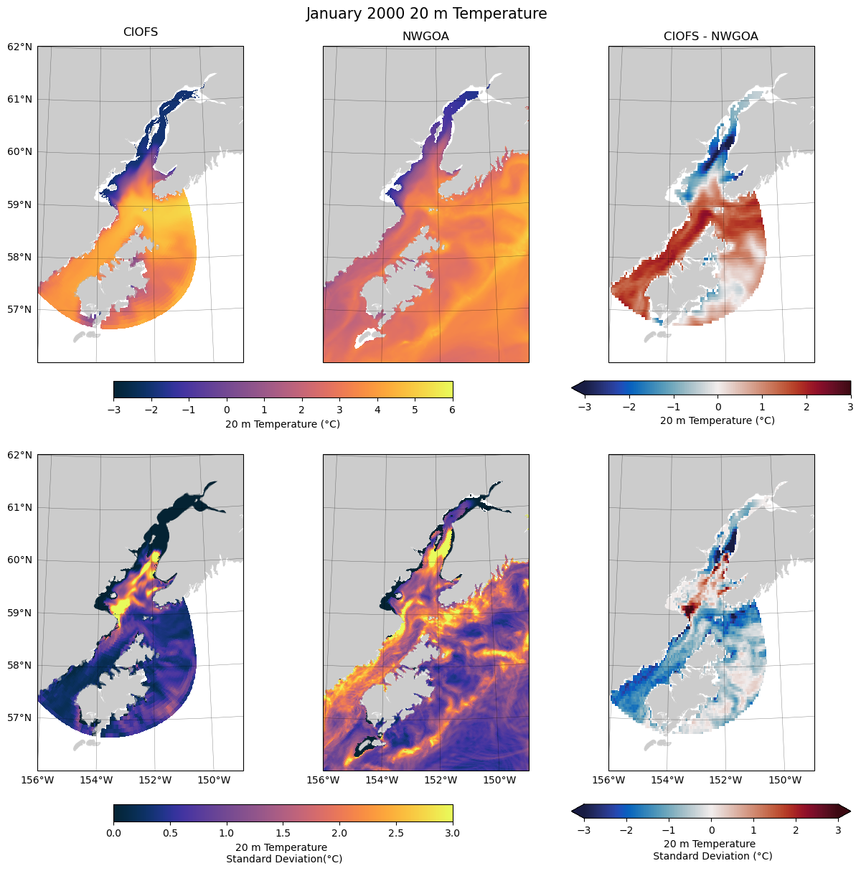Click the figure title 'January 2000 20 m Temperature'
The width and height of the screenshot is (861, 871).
426,14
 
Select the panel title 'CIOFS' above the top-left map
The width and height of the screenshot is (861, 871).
141,32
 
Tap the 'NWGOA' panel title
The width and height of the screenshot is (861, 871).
425,36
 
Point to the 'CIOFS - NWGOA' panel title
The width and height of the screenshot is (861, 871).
710,36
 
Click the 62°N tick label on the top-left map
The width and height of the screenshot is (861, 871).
19,47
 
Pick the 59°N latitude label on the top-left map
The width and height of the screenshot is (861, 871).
19,204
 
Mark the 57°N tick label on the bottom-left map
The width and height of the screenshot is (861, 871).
19,717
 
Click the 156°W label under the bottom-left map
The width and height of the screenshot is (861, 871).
37,780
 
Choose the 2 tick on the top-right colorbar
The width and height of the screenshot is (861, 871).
806,407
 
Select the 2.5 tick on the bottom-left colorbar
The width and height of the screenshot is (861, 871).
396,833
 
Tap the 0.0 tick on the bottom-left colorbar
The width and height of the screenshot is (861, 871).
113,833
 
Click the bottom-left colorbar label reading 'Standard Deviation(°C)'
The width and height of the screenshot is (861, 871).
283,859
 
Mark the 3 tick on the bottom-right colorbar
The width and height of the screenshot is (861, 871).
838,830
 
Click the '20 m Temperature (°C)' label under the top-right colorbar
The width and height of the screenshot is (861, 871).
717,420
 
